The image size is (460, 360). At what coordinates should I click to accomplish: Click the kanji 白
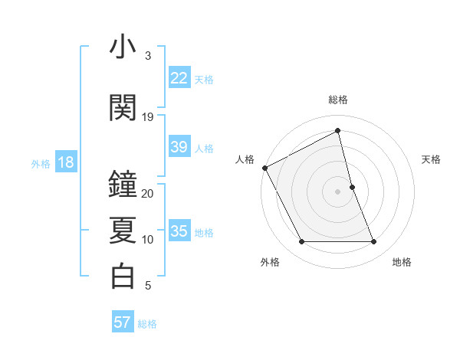point(123,276)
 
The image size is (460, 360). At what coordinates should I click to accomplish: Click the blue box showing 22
point(179,78)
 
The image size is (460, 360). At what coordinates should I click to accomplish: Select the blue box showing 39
point(179,147)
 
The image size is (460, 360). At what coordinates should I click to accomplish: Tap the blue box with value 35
point(179,231)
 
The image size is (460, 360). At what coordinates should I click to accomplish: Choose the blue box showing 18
point(65,163)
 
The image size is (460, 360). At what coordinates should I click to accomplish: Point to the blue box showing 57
point(123,322)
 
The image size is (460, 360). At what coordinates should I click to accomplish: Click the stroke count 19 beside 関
point(148,117)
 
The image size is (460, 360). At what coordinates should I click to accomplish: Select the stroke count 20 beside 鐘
point(148,194)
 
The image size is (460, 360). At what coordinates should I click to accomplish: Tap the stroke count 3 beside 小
point(148,56)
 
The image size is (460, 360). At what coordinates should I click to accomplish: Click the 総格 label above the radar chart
point(338,100)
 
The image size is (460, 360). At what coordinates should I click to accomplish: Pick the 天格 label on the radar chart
point(431,159)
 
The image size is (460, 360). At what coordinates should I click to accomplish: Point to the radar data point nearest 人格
point(265,167)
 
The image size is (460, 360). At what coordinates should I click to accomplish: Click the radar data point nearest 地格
point(374,242)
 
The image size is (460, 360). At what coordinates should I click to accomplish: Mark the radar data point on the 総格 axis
point(338,132)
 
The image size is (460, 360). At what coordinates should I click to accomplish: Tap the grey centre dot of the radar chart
point(338,191)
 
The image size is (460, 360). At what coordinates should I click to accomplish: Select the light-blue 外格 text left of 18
point(41,164)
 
